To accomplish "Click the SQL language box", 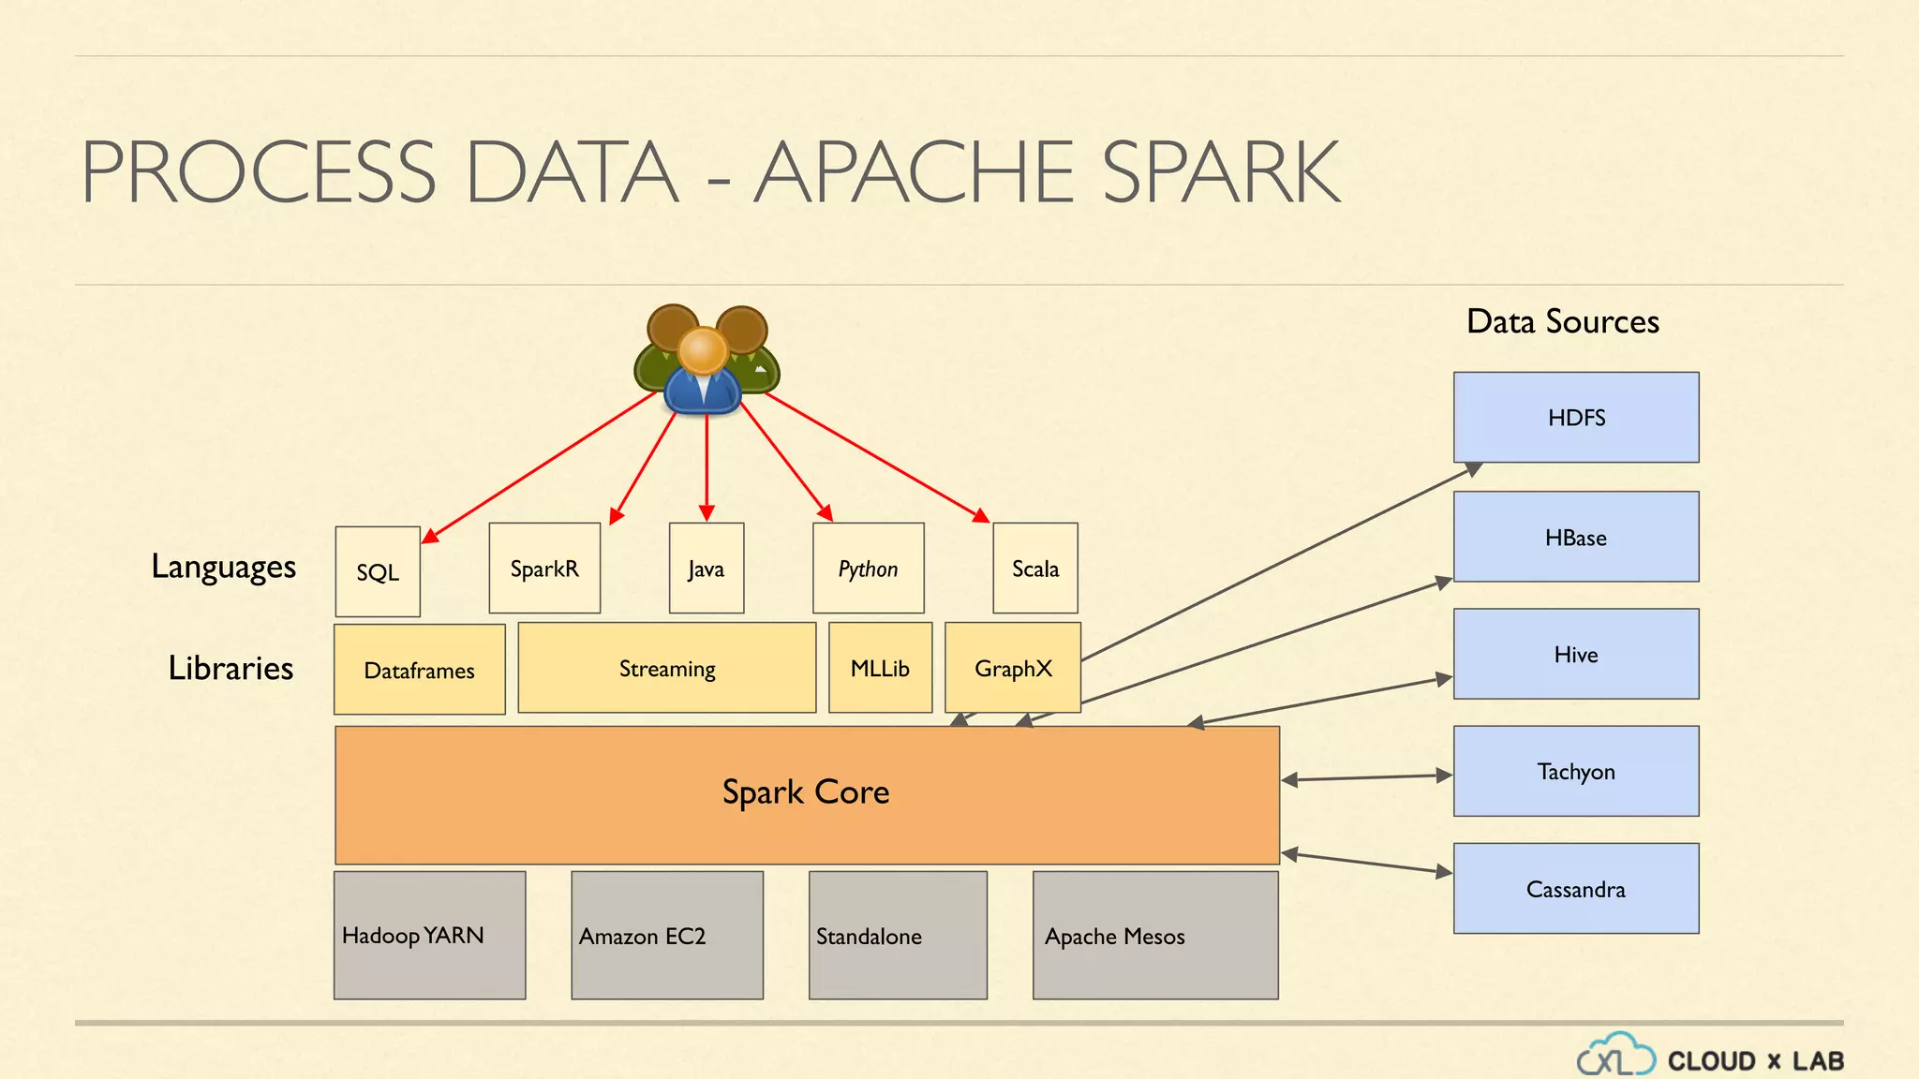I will coord(378,571).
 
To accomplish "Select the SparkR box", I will coord(544,569).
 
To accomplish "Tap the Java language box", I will coord(707,569).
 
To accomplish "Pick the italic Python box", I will coord(868,569).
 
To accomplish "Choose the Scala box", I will coord(1035,569).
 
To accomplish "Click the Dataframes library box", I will coord(419,670).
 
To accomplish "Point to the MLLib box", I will coord(880,668).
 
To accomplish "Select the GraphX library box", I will coord(1013,668).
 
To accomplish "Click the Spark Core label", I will coord(806,792).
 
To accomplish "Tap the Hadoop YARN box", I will coord(429,935).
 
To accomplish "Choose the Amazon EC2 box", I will coord(667,935).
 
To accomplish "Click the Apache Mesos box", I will coord(1154,935).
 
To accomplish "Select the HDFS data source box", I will coord(1576,418).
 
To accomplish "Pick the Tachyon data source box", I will coord(1576,771).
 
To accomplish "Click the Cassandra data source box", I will coord(1576,888).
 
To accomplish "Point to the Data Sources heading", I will coord(1562,321).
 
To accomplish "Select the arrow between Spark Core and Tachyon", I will coord(1366,777).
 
